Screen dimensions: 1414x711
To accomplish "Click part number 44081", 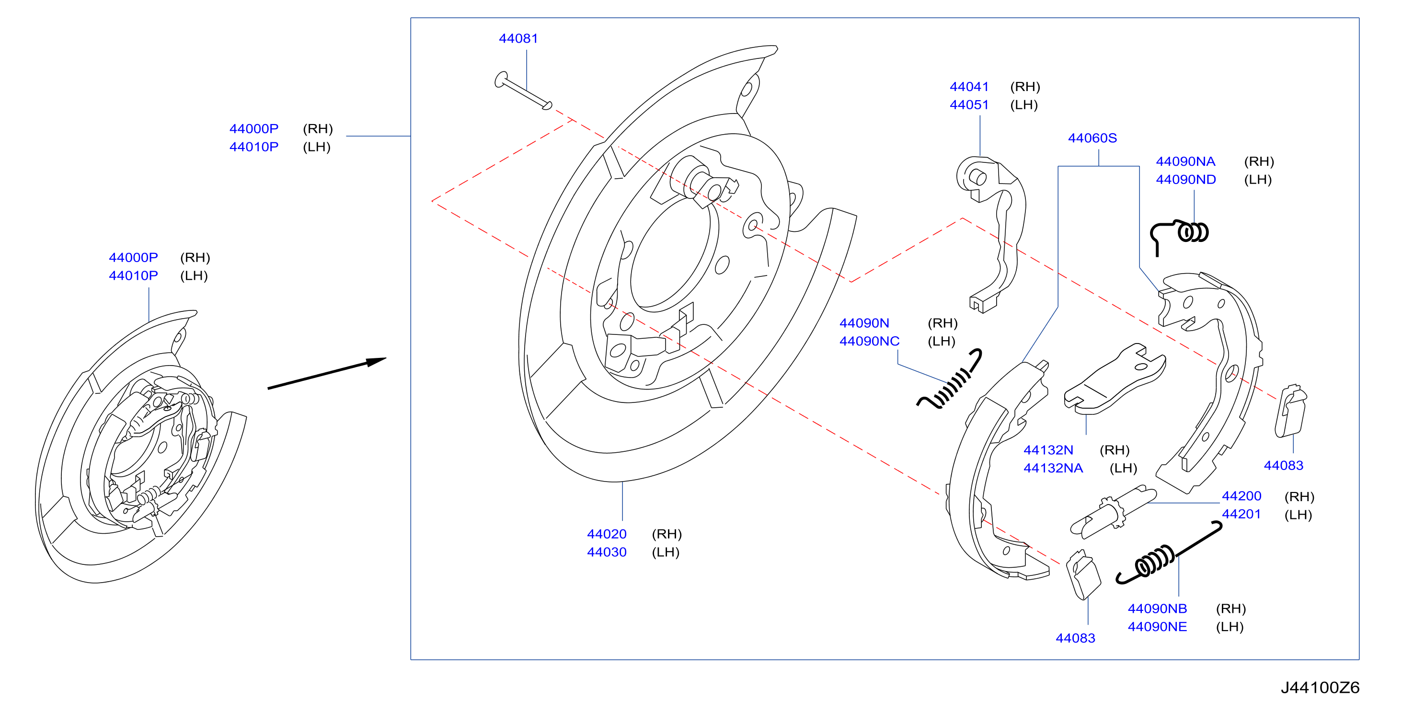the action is point(517,38).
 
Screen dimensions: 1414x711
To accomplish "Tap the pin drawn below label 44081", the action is point(523,91).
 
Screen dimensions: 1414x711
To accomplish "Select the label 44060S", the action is point(1092,138).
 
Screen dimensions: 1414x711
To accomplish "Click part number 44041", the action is point(969,87).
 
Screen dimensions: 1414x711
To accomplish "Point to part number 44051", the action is point(969,105).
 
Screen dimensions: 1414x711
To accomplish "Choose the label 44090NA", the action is point(1185,161).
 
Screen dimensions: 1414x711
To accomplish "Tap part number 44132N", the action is point(1048,450).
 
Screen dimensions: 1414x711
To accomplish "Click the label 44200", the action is point(1241,496).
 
